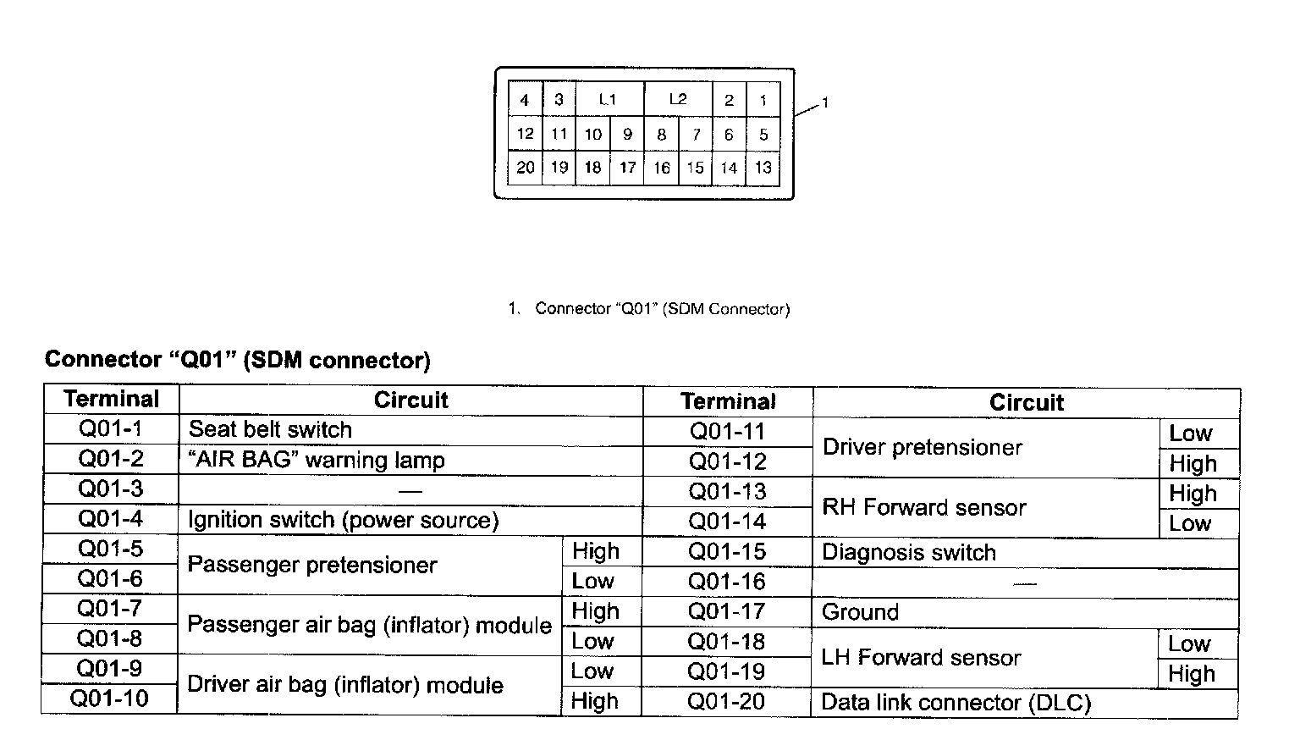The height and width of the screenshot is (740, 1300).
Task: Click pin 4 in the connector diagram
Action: pyautogui.click(x=525, y=100)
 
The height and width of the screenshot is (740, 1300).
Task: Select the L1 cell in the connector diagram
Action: pyautogui.click(x=608, y=99)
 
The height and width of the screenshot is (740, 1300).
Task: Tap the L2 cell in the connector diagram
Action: pyautogui.click(x=678, y=99)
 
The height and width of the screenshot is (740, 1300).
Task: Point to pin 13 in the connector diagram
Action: pyautogui.click(x=763, y=168)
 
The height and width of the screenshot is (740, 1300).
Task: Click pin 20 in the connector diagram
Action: pyautogui.click(x=525, y=168)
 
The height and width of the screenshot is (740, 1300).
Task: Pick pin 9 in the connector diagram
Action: pyautogui.click(x=627, y=134)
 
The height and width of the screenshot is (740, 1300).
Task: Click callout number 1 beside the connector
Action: pyautogui.click(x=825, y=102)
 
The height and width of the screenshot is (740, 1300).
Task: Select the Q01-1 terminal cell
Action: pyautogui.click(x=111, y=429)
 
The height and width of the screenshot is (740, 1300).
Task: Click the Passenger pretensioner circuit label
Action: pyautogui.click(x=312, y=565)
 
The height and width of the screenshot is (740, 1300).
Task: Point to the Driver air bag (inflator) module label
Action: pyautogui.click(x=345, y=685)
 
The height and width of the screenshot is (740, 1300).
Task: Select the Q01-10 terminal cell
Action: pyautogui.click(x=109, y=699)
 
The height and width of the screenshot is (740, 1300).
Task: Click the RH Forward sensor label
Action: pyautogui.click(x=924, y=507)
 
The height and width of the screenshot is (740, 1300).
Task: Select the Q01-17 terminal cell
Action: pyautogui.click(x=726, y=611)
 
